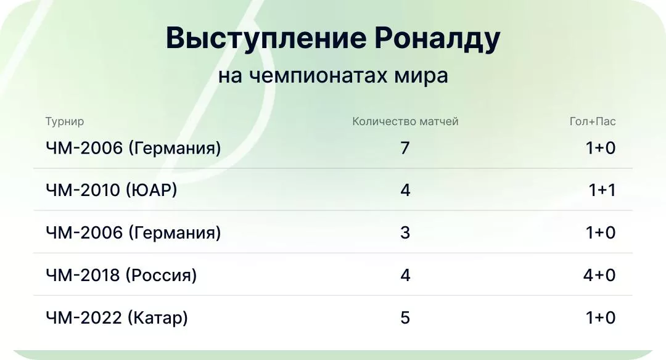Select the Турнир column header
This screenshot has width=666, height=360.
[x=65, y=121]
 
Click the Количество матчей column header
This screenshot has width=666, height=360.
[x=405, y=121]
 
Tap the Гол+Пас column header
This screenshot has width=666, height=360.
[x=592, y=121]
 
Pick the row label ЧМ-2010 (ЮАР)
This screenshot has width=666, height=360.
[x=112, y=190]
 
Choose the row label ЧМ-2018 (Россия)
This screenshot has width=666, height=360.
[x=121, y=275]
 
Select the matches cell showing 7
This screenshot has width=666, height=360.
[x=405, y=148]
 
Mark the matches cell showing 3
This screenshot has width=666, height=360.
[x=405, y=233]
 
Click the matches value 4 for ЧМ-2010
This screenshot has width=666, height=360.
[x=405, y=190]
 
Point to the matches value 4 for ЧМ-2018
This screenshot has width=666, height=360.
[x=405, y=275]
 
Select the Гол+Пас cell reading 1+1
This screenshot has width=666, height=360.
[x=602, y=190]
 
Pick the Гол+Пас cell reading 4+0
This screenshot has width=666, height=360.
[x=599, y=275]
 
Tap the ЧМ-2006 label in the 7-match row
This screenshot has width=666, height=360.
[x=133, y=148]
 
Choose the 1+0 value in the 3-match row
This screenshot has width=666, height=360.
[x=601, y=233]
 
